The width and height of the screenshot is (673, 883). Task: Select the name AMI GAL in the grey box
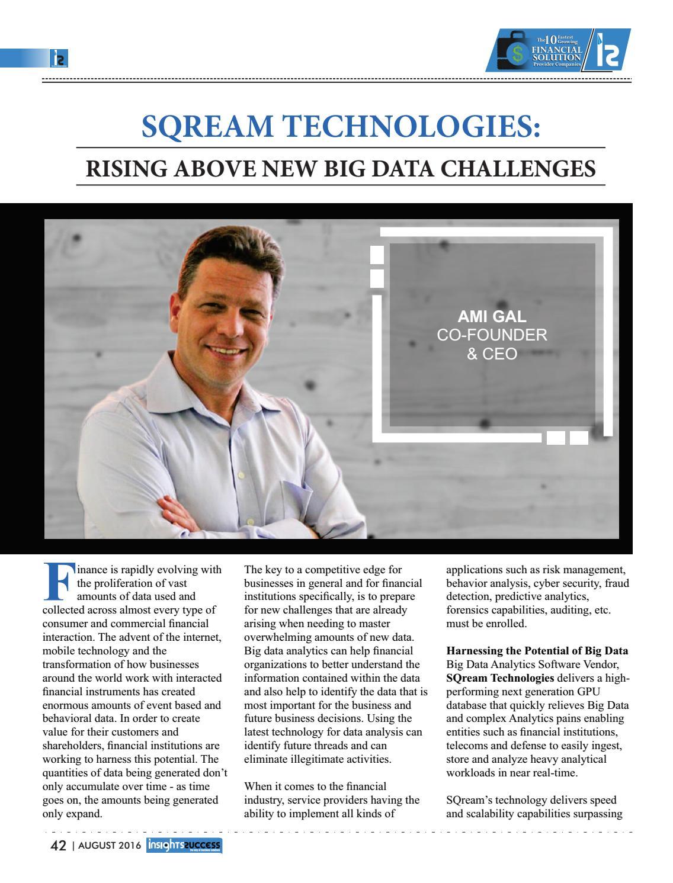tap(492, 316)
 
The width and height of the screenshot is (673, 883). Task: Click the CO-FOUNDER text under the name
tap(492, 335)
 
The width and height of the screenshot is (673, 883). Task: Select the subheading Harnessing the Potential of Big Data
tap(537, 651)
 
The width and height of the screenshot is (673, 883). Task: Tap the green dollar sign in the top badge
tap(518, 54)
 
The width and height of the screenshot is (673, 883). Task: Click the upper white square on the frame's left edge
tap(377, 254)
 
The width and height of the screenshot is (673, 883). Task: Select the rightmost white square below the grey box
tap(578, 438)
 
